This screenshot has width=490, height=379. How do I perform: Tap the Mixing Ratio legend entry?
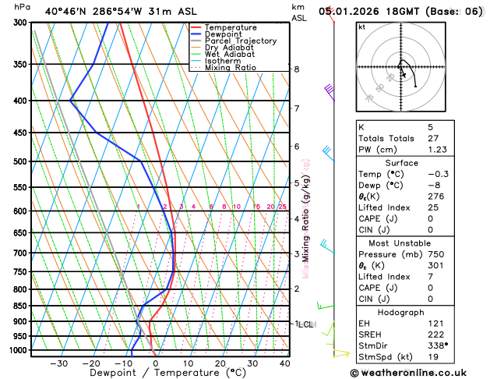tap(232, 67)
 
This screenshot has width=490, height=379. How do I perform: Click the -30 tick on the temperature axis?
tap(58, 363)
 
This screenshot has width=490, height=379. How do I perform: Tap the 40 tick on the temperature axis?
tap(284, 363)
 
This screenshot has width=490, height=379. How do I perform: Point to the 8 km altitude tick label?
tap(297, 69)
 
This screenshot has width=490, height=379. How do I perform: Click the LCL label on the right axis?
tap(305, 324)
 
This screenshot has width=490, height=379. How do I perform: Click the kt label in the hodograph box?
tap(362, 27)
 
